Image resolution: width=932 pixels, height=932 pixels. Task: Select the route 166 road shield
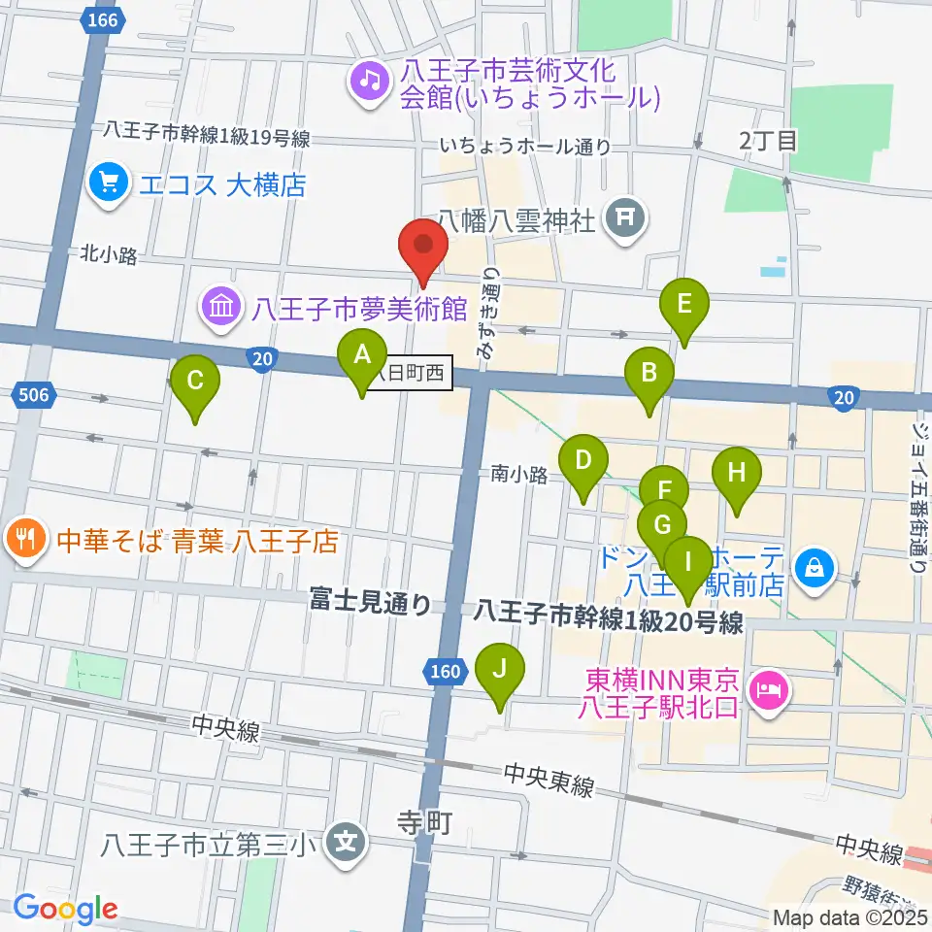click(103, 20)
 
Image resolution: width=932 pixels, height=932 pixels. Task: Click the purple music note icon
click(369, 79)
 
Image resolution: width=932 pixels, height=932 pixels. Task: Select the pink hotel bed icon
click(771, 692)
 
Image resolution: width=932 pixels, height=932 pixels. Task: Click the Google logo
click(65, 908)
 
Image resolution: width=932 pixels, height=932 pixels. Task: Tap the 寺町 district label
click(425, 824)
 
